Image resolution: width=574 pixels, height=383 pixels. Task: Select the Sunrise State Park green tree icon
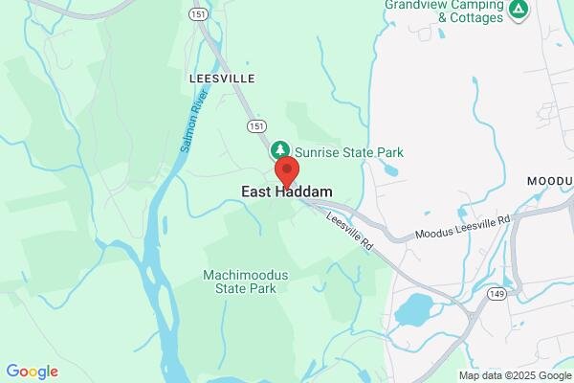(x=279, y=150)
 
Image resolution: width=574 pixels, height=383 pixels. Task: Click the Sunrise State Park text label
(x=348, y=152)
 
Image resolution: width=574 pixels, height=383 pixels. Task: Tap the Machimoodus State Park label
(x=245, y=281)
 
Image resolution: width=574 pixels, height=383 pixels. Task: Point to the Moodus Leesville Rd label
(x=463, y=228)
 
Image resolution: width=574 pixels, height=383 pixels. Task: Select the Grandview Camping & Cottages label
(x=443, y=11)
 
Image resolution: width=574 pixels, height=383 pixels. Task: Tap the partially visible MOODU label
(x=550, y=181)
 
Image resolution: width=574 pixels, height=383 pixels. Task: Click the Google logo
(x=33, y=371)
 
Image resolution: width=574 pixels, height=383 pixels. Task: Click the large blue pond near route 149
(x=413, y=309)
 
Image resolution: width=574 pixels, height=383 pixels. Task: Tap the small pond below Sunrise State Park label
(x=390, y=169)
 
